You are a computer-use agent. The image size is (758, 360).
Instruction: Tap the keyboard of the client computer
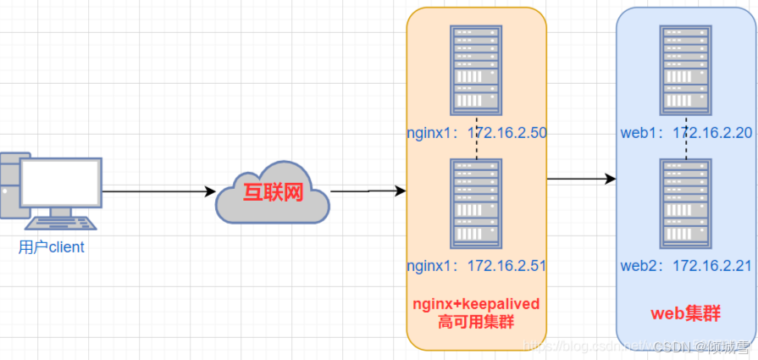point(60,224)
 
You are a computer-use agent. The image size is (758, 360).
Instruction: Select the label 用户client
point(52,247)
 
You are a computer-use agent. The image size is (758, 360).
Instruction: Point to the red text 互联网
point(273,192)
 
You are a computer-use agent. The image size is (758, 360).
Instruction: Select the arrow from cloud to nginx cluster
point(368,191)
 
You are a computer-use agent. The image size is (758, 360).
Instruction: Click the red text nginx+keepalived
point(475,304)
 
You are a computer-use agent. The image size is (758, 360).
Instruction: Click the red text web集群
point(685,313)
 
